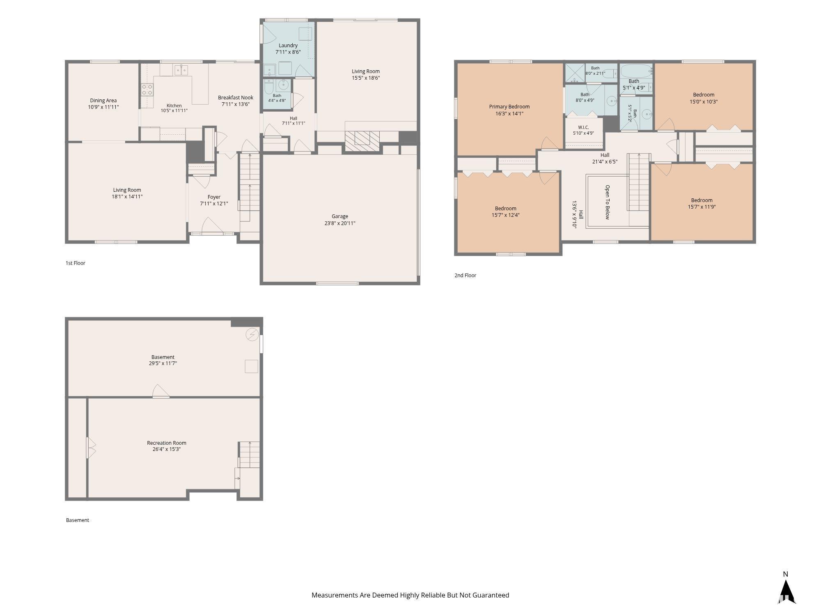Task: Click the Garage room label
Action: click(x=340, y=216)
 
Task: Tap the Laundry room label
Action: click(x=288, y=46)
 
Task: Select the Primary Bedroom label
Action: click(x=509, y=107)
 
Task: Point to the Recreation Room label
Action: click(x=167, y=443)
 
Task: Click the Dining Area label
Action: click(x=103, y=101)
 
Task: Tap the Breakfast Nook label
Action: click(x=236, y=98)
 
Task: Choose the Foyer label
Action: click(x=214, y=197)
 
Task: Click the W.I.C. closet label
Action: click(x=583, y=127)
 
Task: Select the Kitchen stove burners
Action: click(x=147, y=90)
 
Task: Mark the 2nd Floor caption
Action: click(x=465, y=276)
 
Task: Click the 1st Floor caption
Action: click(x=76, y=263)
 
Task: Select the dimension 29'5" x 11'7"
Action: click(x=163, y=363)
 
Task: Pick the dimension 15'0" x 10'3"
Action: click(x=704, y=102)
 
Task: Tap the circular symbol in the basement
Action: click(x=252, y=335)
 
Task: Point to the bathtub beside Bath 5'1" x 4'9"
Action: click(x=636, y=71)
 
